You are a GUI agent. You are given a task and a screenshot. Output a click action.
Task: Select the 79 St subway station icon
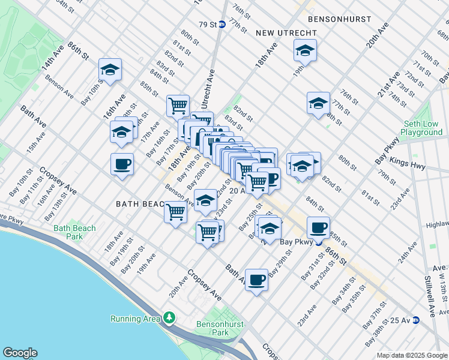pyautogui.click(x=222, y=25)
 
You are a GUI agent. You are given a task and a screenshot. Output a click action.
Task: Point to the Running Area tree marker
pyautogui.click(x=170, y=317)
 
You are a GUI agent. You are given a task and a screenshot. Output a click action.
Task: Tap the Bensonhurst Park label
pyautogui.click(x=212, y=328)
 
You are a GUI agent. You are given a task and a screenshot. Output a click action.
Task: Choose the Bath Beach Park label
pyautogui.click(x=74, y=232)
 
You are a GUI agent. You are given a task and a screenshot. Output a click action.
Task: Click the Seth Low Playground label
pyautogui.click(x=422, y=128)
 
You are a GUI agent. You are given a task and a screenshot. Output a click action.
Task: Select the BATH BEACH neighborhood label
pyautogui.click(x=140, y=204)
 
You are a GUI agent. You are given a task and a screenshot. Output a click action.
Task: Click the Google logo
pyautogui.click(x=20, y=353)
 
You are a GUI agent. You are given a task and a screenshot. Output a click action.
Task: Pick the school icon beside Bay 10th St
pyautogui.click(x=110, y=70)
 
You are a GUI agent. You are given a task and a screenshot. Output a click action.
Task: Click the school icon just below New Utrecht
pyautogui.click(x=305, y=51)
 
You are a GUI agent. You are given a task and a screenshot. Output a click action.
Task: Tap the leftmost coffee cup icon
pyautogui.click(x=122, y=164)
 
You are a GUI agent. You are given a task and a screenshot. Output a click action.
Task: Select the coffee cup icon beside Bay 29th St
pyautogui.click(x=257, y=280)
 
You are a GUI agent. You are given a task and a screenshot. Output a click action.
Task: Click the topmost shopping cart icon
pyautogui.click(x=178, y=106)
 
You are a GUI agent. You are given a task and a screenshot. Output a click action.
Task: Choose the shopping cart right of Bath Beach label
pyautogui.click(x=175, y=212)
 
